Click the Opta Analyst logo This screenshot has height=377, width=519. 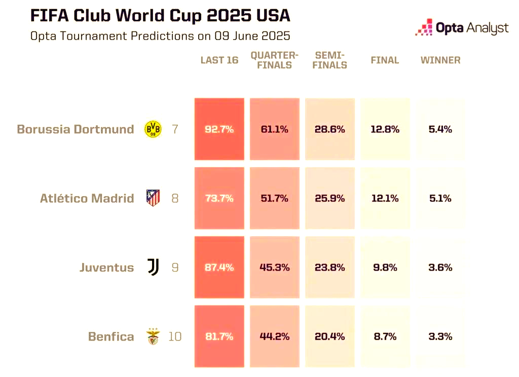(461, 28)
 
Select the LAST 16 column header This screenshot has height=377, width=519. (219, 60)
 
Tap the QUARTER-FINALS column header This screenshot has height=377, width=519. (274, 60)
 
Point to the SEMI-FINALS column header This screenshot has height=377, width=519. (330, 60)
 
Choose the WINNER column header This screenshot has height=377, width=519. (440, 60)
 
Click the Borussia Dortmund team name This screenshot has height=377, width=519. (76, 129)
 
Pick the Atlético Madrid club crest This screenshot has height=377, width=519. (153, 198)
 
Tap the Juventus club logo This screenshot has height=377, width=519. (153, 267)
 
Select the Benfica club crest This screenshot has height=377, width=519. (153, 336)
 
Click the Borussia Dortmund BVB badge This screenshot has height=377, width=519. (153, 129)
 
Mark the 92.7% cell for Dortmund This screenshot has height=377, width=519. (219, 129)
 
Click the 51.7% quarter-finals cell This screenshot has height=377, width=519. (274, 199)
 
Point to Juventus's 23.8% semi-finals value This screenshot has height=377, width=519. (330, 268)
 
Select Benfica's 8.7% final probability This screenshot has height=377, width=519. (385, 336)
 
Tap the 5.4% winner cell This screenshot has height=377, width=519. (440, 129)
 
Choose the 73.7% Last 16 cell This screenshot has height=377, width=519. (219, 199)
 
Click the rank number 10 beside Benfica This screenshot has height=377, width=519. (174, 336)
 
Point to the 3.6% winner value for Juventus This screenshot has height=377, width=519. (440, 268)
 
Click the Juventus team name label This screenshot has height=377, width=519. (106, 268)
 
